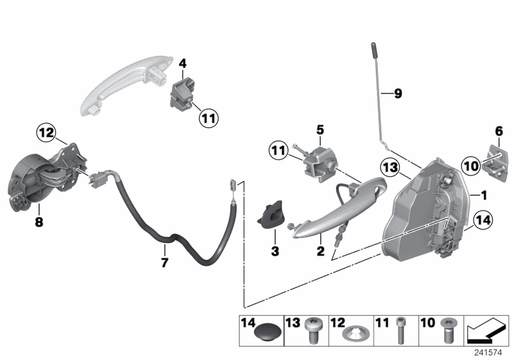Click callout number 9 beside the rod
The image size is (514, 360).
tap(398, 94)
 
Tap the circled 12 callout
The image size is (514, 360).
tap(44, 134)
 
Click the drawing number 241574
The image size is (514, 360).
tap(490, 352)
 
